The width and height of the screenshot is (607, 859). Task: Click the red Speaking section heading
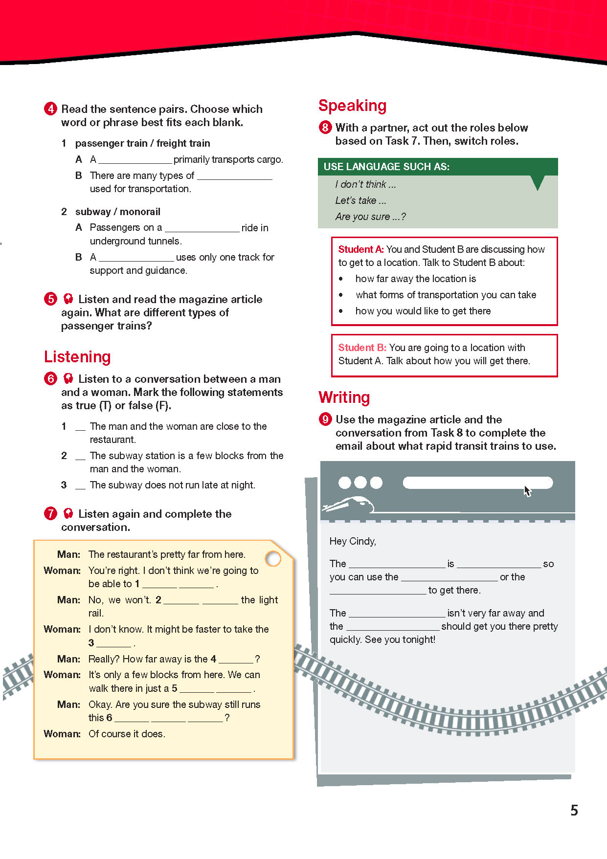[352, 106]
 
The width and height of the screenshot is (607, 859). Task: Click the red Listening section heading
[77, 357]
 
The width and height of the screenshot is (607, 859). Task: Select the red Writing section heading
[344, 397]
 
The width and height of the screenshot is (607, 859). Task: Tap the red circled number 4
[50, 109]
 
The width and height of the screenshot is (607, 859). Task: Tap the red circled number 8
[325, 128]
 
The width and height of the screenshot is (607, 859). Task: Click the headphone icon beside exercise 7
[68, 513]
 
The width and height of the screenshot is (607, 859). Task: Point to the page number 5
[574, 811]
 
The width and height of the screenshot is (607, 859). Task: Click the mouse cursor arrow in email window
[527, 491]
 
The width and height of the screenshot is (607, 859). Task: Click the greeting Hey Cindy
[353, 541]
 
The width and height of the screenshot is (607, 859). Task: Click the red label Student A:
[360, 249]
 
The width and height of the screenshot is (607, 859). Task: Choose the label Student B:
[362, 348]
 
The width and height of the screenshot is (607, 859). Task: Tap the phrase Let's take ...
[360, 200]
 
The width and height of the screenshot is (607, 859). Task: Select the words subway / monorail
[117, 212]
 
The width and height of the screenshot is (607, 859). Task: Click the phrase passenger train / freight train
[142, 143]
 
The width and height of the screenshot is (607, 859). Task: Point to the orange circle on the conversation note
[273, 558]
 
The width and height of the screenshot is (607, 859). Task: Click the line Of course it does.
[127, 734]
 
